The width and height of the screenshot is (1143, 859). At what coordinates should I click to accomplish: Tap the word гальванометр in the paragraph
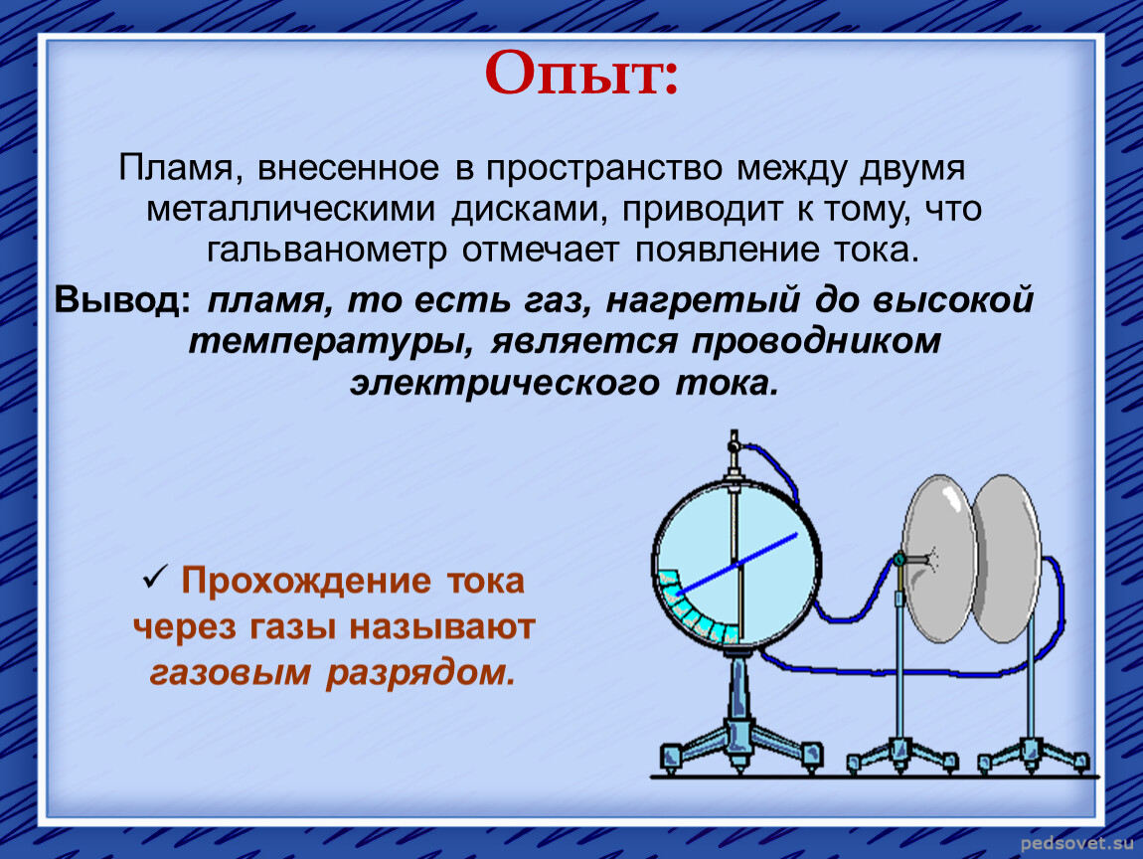327,252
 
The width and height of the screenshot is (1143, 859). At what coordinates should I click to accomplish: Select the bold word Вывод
121,299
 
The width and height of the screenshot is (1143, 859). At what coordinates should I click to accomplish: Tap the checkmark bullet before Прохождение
155,578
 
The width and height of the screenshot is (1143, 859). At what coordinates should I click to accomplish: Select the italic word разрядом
420,673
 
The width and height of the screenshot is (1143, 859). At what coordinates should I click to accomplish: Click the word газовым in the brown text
230,672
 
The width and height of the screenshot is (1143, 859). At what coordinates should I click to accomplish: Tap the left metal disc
939,560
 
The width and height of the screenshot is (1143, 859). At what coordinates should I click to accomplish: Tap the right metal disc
1007,560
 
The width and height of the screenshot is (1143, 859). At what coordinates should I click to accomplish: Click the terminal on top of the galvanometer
734,441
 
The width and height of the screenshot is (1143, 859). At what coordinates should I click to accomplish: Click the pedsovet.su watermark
1076,844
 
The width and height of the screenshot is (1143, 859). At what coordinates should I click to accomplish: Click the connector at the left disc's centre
901,560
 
